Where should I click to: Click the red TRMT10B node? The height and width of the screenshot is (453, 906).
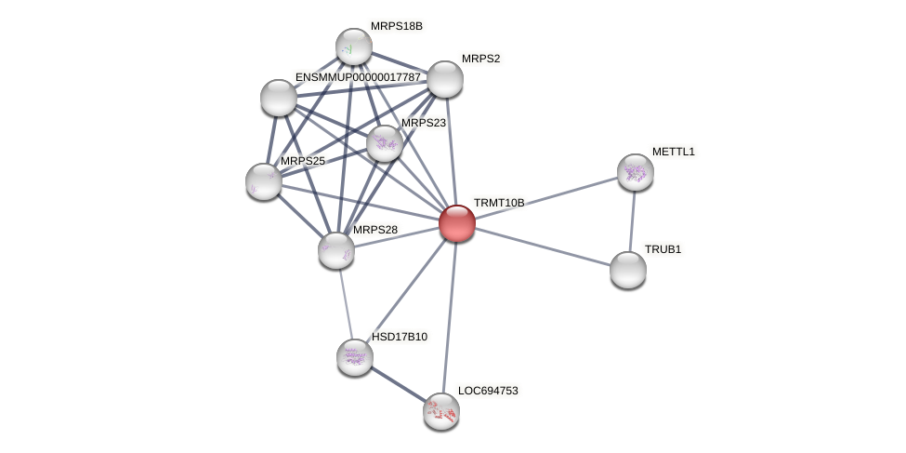tap(456, 223)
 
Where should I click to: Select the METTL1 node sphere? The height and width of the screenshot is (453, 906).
tap(635, 172)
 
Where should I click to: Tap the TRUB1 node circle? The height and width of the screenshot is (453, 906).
tap(628, 270)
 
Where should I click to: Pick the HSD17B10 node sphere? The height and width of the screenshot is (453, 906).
tap(354, 356)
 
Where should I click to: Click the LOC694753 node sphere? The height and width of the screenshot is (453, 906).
tap(441, 411)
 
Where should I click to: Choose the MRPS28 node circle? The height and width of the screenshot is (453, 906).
tap(335, 250)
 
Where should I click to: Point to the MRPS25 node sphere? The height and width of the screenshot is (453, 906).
tap(264, 181)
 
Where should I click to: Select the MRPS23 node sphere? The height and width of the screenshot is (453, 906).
tap(384, 143)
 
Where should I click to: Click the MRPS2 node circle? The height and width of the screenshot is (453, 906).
tap(444, 79)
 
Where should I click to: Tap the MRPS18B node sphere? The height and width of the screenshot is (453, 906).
tap(353, 47)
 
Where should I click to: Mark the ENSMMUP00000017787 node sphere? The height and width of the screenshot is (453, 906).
tap(279, 98)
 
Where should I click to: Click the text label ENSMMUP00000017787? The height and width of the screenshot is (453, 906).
tap(358, 77)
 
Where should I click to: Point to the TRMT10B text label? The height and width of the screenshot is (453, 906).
tap(499, 203)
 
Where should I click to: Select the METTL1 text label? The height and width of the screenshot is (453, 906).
tap(673, 152)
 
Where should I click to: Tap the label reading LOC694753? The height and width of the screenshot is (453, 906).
tap(488, 391)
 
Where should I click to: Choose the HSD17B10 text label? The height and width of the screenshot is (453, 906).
tap(400, 337)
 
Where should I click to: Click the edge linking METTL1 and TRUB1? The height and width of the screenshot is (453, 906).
tap(632, 221)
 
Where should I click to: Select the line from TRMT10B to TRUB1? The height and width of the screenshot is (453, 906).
tap(542, 246)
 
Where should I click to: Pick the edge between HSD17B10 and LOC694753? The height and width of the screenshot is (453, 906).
tap(398, 384)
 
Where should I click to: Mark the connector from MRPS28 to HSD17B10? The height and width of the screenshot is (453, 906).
tap(345, 303)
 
